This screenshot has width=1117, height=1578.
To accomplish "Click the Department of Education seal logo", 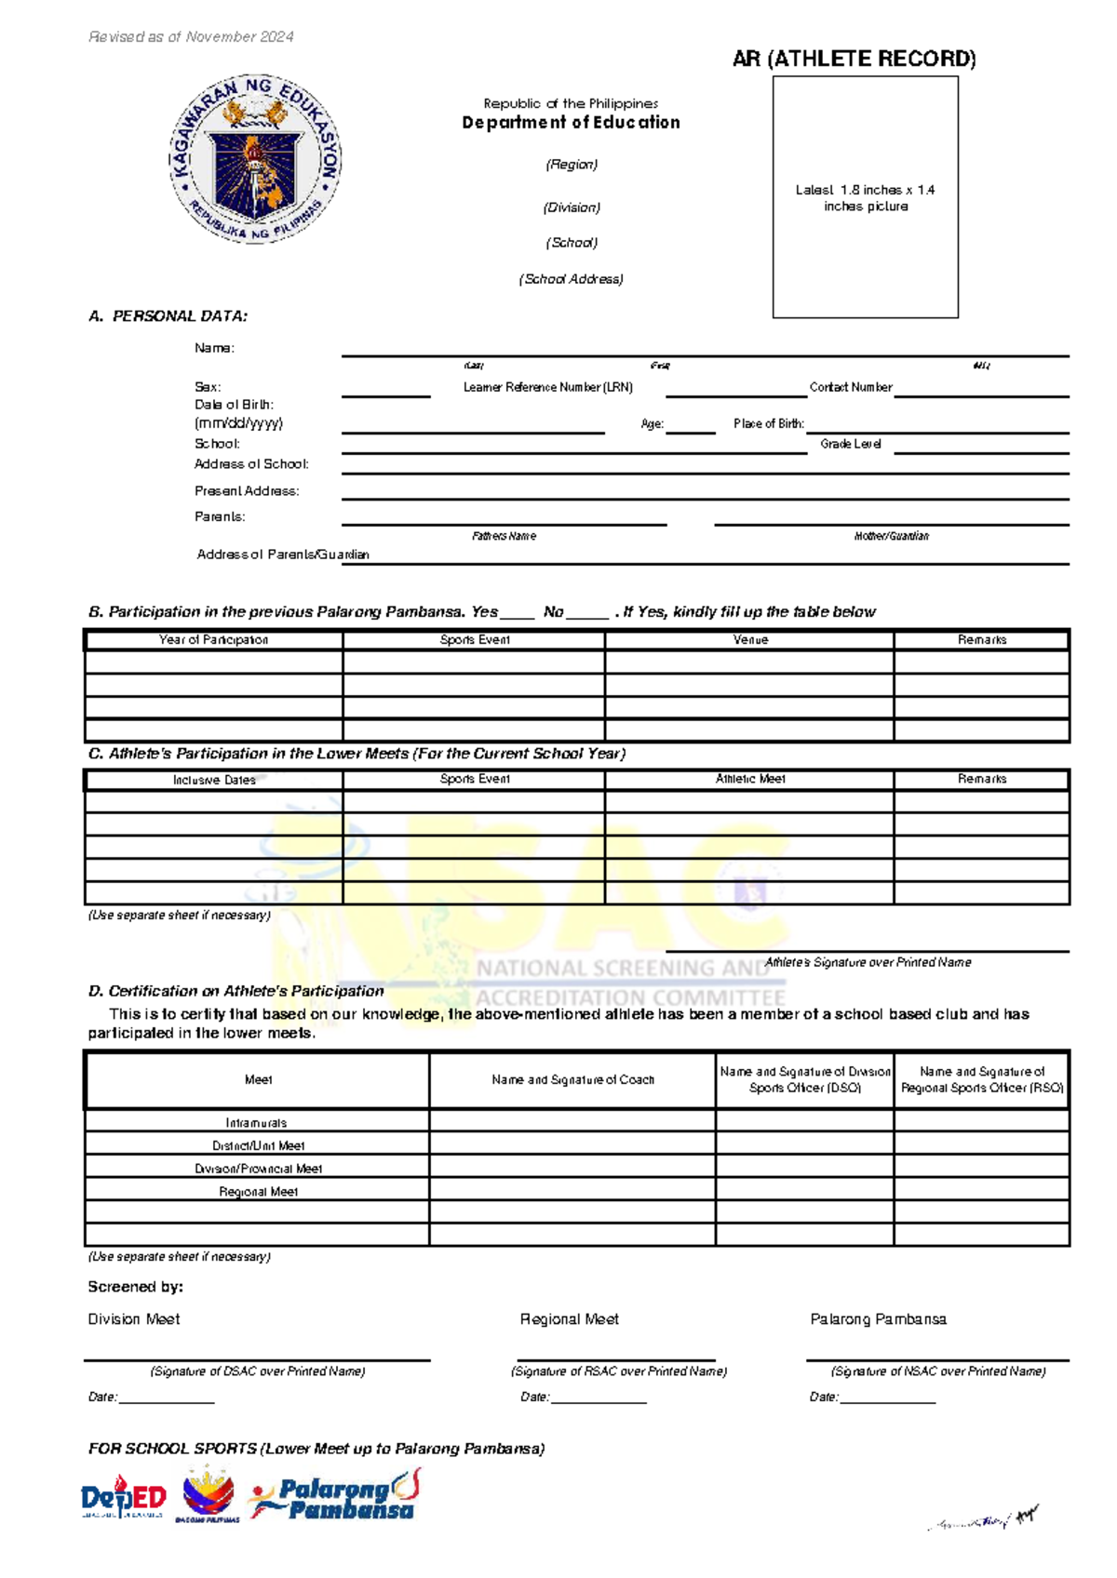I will click(x=255, y=159).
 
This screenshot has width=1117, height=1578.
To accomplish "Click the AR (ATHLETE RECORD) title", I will click(x=854, y=59).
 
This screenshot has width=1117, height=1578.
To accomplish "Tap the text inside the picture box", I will click(x=865, y=197).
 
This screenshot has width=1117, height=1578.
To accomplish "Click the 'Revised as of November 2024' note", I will click(x=191, y=37).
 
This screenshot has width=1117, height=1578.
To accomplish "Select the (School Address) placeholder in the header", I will click(x=571, y=279).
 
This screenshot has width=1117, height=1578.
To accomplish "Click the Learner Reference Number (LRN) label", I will click(x=547, y=387).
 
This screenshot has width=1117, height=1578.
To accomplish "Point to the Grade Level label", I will click(x=850, y=444).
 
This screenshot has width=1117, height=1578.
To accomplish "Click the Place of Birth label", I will click(x=768, y=423).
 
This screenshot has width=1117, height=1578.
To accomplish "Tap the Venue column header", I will click(x=749, y=640).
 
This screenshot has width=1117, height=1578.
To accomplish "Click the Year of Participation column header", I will click(x=213, y=640).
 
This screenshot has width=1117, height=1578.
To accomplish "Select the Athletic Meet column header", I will click(x=749, y=779).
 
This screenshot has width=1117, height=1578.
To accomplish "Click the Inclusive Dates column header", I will click(x=213, y=780).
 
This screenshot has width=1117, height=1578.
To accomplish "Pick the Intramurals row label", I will click(x=256, y=1123).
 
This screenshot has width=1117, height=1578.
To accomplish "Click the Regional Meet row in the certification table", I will click(x=258, y=1192).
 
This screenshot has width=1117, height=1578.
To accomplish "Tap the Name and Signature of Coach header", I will click(x=572, y=1080).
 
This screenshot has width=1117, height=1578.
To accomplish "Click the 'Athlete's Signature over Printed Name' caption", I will click(x=868, y=962).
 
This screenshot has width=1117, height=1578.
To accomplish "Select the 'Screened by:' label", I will click(x=135, y=1287).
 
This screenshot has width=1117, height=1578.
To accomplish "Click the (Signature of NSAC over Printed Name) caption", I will click(x=937, y=1371).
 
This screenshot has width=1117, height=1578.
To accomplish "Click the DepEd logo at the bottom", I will click(x=123, y=1497).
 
